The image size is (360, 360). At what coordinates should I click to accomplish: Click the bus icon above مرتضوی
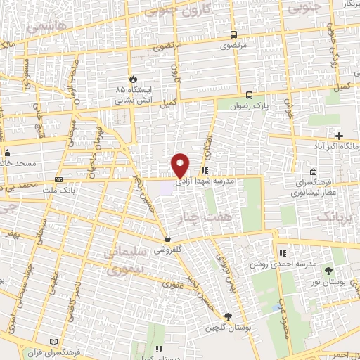click(x=233, y=34)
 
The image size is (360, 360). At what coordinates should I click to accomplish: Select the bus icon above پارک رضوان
click(x=250, y=95)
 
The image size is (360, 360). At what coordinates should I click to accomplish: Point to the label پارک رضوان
click(x=250, y=105)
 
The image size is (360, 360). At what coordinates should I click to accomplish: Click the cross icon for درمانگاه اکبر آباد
click(x=339, y=136)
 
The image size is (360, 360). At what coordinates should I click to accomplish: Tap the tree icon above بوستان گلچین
click(x=227, y=316)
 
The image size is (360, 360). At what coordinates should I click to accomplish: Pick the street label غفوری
click(x=172, y=285)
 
